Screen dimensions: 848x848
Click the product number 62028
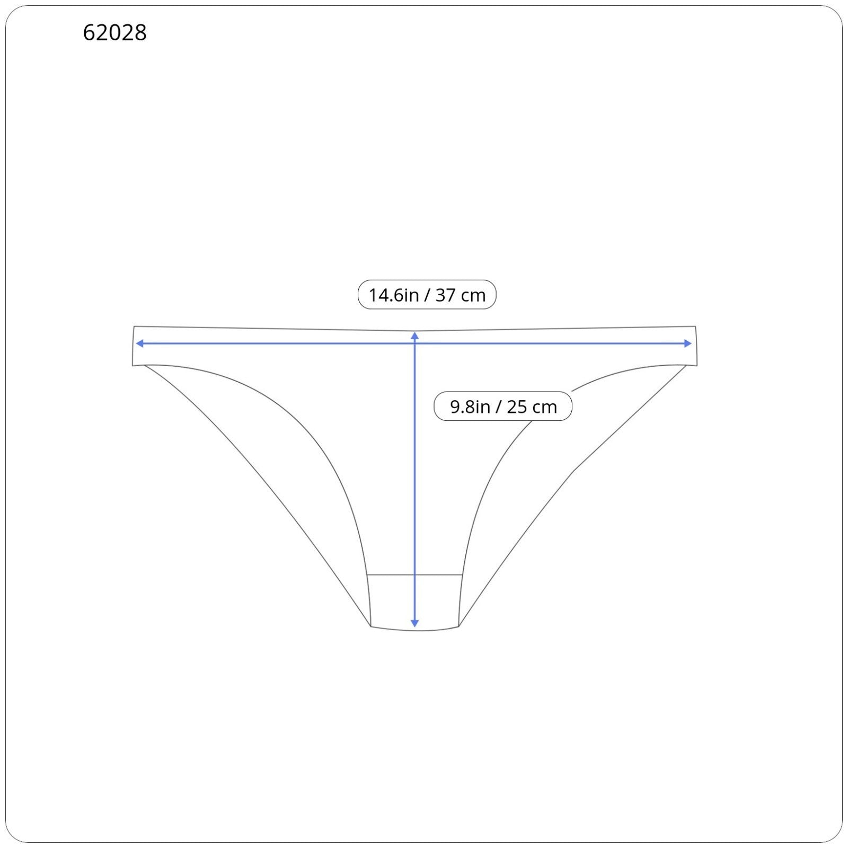point(114,33)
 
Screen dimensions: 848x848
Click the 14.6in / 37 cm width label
point(427,295)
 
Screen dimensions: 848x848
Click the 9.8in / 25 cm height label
point(503,407)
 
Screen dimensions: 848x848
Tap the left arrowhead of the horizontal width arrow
point(140,343)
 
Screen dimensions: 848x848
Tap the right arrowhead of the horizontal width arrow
point(688,343)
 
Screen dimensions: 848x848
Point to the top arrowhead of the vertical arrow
point(415,335)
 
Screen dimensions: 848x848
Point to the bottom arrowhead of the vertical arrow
point(415,624)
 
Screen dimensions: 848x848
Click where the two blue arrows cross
point(415,343)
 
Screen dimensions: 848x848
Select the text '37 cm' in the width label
point(461,295)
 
